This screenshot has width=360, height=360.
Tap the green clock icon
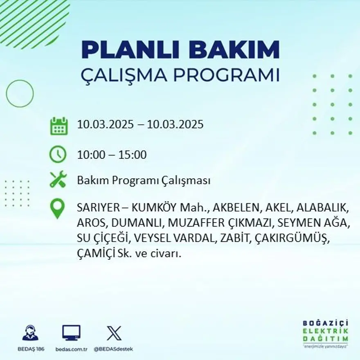point(58,154)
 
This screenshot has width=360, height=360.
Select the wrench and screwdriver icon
point(58,180)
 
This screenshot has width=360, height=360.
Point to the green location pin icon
point(57,208)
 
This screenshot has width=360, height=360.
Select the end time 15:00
point(133,155)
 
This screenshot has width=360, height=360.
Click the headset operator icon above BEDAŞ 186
point(30,333)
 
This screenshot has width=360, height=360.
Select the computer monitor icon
point(71,333)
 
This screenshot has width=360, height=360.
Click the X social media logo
point(113,333)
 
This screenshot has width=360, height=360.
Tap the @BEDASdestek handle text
point(113,349)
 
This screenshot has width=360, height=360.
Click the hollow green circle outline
point(20,94)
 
